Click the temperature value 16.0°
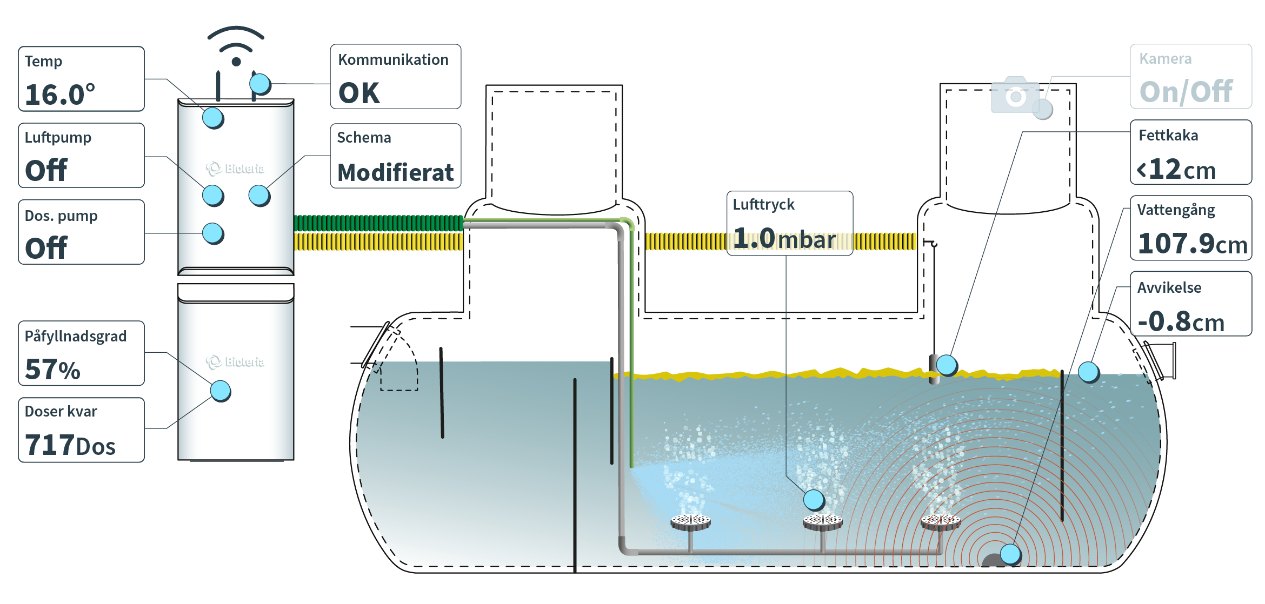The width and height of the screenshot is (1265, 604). [x=60, y=95]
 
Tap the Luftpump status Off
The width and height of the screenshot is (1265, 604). [x=46, y=171]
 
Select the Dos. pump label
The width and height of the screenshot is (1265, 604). [x=61, y=216]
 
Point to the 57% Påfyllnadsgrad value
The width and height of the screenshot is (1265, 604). [x=53, y=370]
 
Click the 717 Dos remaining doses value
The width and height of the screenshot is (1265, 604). [x=70, y=446]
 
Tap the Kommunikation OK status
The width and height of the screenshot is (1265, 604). [x=359, y=93]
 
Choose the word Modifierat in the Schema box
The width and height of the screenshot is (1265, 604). [x=395, y=172]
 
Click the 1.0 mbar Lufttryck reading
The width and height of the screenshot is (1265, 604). [x=784, y=239]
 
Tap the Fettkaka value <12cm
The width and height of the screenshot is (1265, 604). [x=1176, y=170]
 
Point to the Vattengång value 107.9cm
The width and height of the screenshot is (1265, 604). [x=1192, y=244]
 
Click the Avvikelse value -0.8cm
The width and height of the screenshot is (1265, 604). [x=1181, y=321]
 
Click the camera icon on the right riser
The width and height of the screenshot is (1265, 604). [x=1015, y=96]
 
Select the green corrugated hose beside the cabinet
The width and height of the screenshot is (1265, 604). [x=378, y=223]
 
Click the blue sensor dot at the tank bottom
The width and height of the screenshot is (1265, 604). [x=1010, y=554]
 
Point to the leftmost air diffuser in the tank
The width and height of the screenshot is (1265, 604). [x=690, y=522]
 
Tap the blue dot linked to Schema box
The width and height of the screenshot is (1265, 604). [x=259, y=196]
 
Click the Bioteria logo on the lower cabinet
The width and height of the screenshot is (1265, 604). [x=235, y=361]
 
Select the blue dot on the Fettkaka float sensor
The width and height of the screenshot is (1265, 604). [x=946, y=365]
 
